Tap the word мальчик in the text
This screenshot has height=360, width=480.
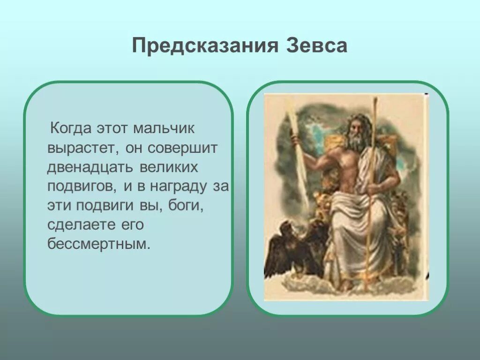[x=164, y=128]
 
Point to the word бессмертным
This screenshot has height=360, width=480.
[x=99, y=244]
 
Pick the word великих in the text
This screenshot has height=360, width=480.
[x=169, y=167]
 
